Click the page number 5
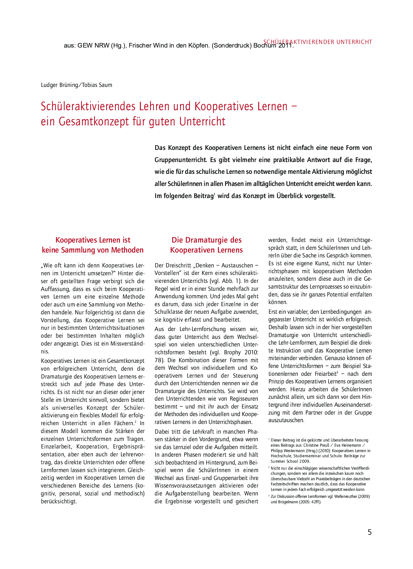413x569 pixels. click(x=369, y=532)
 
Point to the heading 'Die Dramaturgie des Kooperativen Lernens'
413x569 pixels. click(x=206, y=245)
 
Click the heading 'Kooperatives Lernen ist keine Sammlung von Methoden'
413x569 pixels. click(x=93, y=245)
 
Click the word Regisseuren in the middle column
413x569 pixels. click(x=243, y=399)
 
